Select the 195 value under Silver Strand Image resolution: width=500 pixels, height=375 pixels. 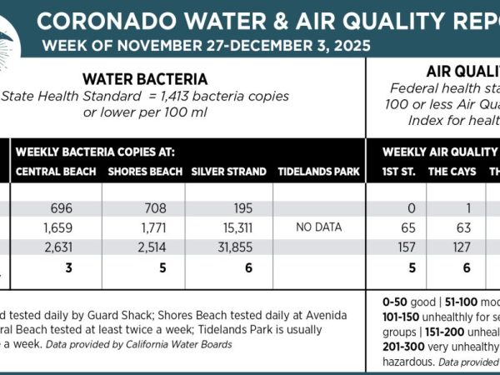(x=228, y=207)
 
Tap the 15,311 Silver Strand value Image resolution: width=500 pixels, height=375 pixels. (x=228, y=226)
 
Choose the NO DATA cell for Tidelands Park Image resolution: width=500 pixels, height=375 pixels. (x=319, y=226)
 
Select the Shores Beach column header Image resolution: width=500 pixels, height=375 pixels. (x=142, y=172)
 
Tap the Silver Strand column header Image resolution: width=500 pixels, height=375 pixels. (x=228, y=172)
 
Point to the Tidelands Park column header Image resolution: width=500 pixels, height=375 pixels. (x=319, y=172)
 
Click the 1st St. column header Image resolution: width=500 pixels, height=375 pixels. (x=397, y=172)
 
